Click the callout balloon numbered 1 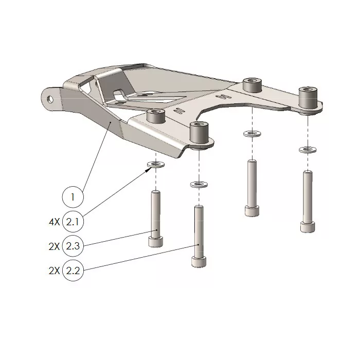pos(73,196)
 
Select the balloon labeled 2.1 pos(73,222)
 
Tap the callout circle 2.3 pos(73,246)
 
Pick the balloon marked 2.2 pos(73,271)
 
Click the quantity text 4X pos(54,222)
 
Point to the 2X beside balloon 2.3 pos(54,246)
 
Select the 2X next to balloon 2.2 pos(54,271)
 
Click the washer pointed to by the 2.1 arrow pos(155,165)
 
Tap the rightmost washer pos(307,150)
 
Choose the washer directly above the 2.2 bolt pos(198,184)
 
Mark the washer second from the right pos(251,134)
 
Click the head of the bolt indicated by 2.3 pos(156,241)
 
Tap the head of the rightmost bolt pos(307,226)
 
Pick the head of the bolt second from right pos(251,211)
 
